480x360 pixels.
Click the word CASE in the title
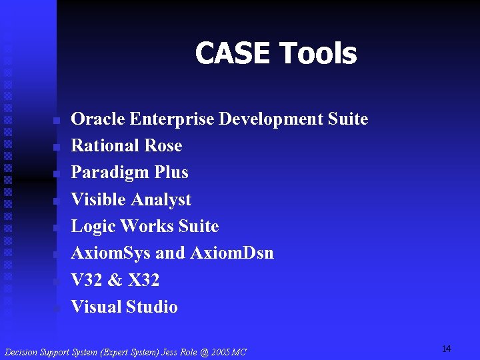click(233, 54)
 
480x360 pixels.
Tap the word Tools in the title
click(318, 54)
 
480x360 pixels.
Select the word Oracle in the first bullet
click(98, 119)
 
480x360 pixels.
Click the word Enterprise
click(172, 119)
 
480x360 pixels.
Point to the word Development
click(271, 120)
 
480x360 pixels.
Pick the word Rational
click(101, 146)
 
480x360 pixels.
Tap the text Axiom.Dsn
click(231, 253)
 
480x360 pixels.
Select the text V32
click(85, 281)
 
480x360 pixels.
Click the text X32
click(143, 281)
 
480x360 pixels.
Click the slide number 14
click(446, 349)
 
